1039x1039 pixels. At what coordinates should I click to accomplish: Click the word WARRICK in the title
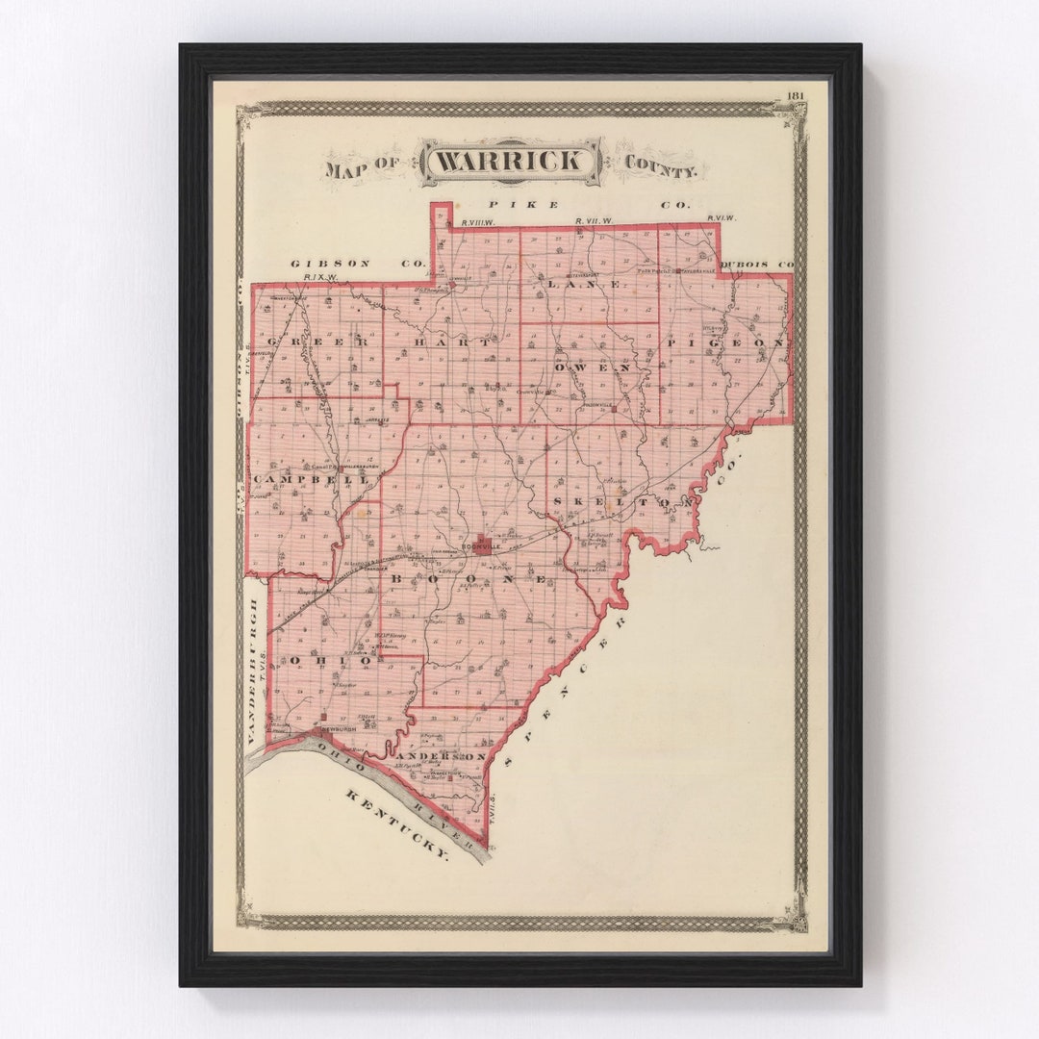[x=510, y=161]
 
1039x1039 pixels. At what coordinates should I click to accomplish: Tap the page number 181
[x=795, y=95]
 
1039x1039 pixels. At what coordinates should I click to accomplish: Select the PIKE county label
[x=523, y=204]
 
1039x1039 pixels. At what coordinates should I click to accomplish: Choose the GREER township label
[x=317, y=342]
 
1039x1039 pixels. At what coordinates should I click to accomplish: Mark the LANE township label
[x=586, y=285]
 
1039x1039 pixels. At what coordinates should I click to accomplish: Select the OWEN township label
[x=593, y=367]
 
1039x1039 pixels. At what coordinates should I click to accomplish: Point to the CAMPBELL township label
[x=299, y=478]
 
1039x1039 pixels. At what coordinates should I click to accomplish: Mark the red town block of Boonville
[x=481, y=542]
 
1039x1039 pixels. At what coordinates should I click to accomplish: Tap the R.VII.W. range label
[x=592, y=221]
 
